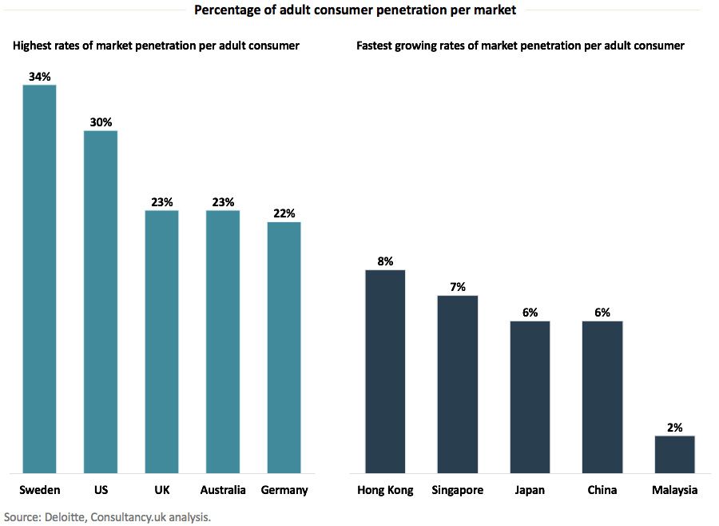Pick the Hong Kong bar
(x=385, y=371)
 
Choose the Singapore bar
(x=458, y=384)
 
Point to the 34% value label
(x=39, y=77)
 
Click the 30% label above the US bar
(x=101, y=122)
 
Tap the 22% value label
(x=284, y=213)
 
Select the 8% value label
(x=385, y=261)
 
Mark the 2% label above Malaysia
(x=674, y=428)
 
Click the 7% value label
(x=458, y=287)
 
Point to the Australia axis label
(x=223, y=490)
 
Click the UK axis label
(x=161, y=490)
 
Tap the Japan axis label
(x=530, y=490)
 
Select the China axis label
(x=602, y=490)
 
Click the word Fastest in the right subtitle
(x=377, y=46)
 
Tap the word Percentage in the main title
(x=224, y=10)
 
